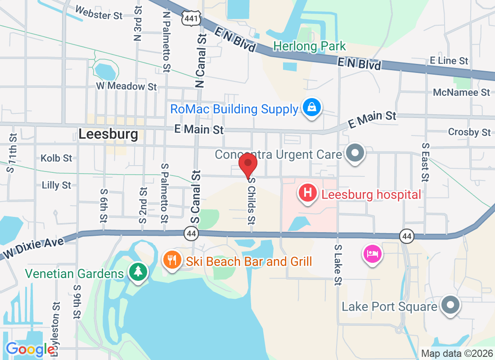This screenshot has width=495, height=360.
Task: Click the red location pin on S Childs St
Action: [x=247, y=165]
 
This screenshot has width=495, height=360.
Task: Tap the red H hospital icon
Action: [x=308, y=193]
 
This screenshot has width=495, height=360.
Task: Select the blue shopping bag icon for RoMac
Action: [x=311, y=108]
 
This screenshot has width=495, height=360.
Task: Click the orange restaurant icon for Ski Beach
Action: [x=171, y=260]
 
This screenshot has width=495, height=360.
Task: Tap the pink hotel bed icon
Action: [x=373, y=254]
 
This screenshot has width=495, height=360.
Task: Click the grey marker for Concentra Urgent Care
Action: [x=355, y=153]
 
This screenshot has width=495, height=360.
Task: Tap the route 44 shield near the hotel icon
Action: [x=406, y=235]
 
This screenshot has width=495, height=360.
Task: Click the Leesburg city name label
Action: [x=108, y=134]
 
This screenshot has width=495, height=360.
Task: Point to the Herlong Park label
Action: [x=310, y=46]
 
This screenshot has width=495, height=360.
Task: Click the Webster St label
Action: [x=99, y=13]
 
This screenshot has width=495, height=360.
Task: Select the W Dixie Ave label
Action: [x=34, y=247]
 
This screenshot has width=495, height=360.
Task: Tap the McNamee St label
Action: [x=461, y=92]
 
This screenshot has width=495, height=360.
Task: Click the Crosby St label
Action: [x=469, y=132]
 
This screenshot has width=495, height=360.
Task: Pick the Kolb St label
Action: [x=56, y=158]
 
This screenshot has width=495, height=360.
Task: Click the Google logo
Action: [x=31, y=349]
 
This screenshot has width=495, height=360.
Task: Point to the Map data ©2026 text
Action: [x=455, y=353]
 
